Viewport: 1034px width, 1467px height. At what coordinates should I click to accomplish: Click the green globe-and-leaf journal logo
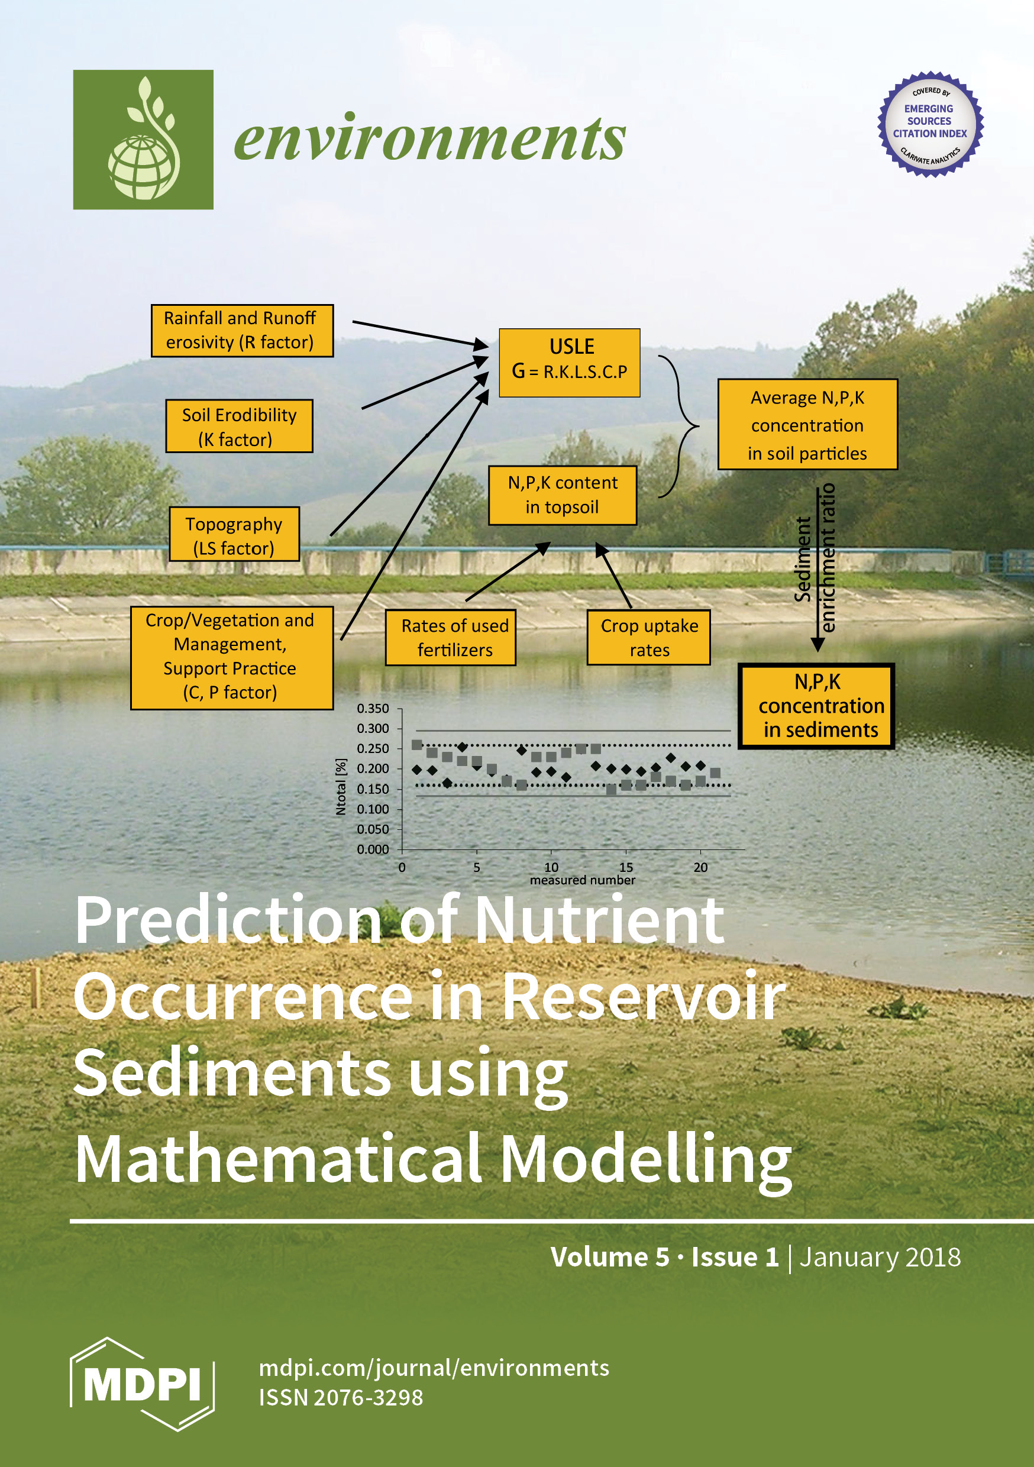pyautogui.click(x=143, y=139)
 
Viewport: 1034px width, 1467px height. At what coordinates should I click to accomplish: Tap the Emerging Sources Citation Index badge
pyautogui.click(x=930, y=124)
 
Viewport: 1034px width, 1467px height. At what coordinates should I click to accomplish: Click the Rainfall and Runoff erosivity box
pyautogui.click(x=242, y=330)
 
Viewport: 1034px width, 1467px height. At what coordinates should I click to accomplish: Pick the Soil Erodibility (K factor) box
pyautogui.click(x=239, y=426)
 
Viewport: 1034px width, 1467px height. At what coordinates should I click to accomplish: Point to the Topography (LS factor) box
pyautogui.click(x=234, y=534)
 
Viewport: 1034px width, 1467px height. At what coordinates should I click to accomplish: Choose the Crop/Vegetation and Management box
pyautogui.click(x=232, y=658)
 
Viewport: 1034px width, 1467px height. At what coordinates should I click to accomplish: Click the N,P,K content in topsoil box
pyautogui.click(x=563, y=495)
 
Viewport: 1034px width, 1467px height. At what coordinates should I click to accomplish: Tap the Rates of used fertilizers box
pyautogui.click(x=451, y=638)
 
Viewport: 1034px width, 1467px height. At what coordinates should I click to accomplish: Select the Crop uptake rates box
pyautogui.click(x=649, y=637)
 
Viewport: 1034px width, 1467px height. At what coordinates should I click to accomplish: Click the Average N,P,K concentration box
pyautogui.click(x=808, y=425)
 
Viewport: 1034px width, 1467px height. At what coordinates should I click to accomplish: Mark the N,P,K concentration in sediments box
pyautogui.click(x=816, y=706)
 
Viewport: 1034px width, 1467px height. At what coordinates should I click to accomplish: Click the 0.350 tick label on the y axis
pyautogui.click(x=373, y=709)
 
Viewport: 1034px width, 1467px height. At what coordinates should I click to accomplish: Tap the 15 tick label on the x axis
pyautogui.click(x=626, y=867)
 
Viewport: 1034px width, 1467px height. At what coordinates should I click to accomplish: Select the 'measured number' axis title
pyautogui.click(x=582, y=880)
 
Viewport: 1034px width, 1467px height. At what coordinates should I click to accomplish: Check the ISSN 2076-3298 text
pyautogui.click(x=341, y=1397)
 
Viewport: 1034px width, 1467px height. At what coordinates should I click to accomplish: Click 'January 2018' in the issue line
pyautogui.click(x=880, y=1257)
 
